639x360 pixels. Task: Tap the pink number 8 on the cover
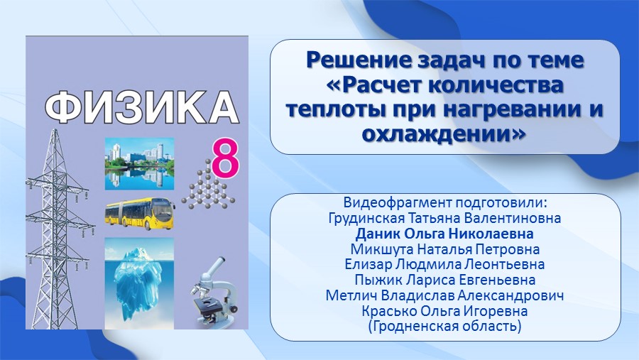(225, 158)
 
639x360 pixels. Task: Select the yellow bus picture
(140, 214)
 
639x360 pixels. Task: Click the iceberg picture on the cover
(139, 283)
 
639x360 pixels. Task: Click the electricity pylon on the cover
(59, 229)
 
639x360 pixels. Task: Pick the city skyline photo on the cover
(139, 164)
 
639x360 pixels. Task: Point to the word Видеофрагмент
(398, 202)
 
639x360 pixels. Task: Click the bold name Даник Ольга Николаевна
(444, 234)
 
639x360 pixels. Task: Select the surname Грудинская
(367, 218)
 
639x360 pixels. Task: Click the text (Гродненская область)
(444, 327)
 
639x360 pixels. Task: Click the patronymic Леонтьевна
(505, 265)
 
